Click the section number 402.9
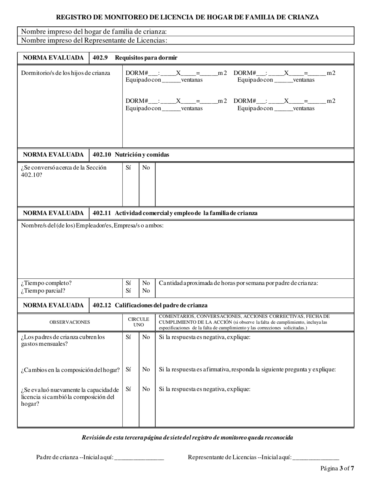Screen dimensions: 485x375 pos(100,58)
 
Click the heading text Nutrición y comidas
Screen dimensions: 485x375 pos(142,155)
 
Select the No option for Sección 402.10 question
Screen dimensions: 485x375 pos(146,168)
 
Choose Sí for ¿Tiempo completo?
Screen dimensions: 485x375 pos(128,283)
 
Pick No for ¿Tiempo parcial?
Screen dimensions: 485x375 pos(146,291)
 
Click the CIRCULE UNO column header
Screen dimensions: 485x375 pos(139,322)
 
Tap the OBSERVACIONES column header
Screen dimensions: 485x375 pos(69,322)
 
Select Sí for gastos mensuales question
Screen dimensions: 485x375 pos(128,337)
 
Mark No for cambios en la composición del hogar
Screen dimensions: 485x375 pos(146,369)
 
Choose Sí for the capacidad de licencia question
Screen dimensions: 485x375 pos(128,389)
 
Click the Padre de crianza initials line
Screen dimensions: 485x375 pos(139,457)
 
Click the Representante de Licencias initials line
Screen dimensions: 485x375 pos(315,457)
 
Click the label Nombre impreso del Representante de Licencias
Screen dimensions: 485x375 pos(94,40)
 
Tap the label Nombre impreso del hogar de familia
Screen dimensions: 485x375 pos(94,32)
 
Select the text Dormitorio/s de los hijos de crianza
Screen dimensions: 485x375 pos(66,73)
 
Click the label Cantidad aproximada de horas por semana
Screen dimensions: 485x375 pos(238,283)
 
